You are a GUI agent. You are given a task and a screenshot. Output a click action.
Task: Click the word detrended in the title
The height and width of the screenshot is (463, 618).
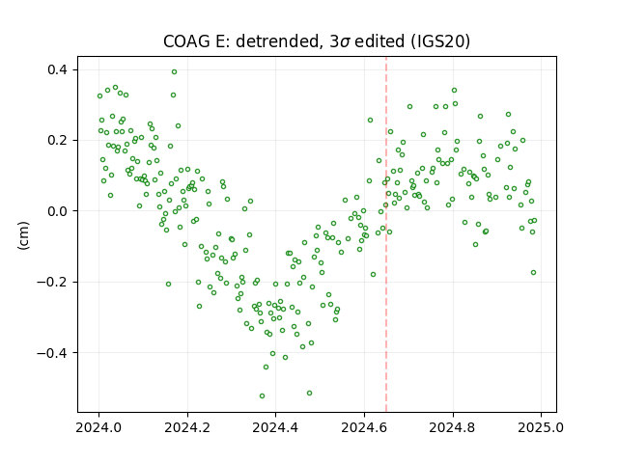pyautogui.click(x=277, y=41)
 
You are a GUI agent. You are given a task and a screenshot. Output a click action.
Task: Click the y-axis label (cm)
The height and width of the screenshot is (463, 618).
pyautogui.click(x=23, y=235)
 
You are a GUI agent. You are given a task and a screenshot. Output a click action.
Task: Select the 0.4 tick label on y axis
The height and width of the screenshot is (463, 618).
pyautogui.click(x=58, y=69)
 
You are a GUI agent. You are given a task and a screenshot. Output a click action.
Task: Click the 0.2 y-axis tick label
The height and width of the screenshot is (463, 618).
pyautogui.click(x=58, y=140)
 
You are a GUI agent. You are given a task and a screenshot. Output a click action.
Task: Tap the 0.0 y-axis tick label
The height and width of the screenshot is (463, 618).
pyautogui.click(x=58, y=211)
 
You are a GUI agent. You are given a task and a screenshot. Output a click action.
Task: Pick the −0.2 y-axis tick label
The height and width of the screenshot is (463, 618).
pyautogui.click(x=52, y=282)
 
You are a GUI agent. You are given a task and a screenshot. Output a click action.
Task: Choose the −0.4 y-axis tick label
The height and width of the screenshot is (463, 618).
pyautogui.click(x=52, y=352)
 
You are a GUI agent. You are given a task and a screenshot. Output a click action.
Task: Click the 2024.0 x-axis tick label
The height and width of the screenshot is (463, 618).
pyautogui.click(x=98, y=427)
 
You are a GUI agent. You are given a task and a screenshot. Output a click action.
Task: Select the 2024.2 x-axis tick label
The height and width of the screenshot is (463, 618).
pyautogui.click(x=187, y=427)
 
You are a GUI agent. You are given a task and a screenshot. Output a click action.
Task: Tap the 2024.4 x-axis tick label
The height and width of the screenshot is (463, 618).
pyautogui.click(x=276, y=427)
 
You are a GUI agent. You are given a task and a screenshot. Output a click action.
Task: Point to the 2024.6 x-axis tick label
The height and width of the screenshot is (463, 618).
pyautogui.click(x=365, y=427)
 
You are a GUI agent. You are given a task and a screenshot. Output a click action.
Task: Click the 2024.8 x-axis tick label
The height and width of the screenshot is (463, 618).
pyautogui.click(x=453, y=427)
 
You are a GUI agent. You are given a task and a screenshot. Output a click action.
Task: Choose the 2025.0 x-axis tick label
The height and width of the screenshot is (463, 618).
pyautogui.click(x=541, y=427)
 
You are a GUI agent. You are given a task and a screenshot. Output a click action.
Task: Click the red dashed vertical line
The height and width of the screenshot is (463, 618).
pyautogui.click(x=386, y=234)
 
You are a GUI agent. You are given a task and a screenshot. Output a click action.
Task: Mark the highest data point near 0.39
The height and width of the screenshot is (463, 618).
pyautogui.click(x=174, y=71)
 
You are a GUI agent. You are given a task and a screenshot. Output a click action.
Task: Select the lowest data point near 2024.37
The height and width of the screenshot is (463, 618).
pyautogui.click(x=262, y=395)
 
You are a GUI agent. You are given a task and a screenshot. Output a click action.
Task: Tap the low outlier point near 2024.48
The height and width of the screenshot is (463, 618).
pyautogui.click(x=309, y=393)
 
